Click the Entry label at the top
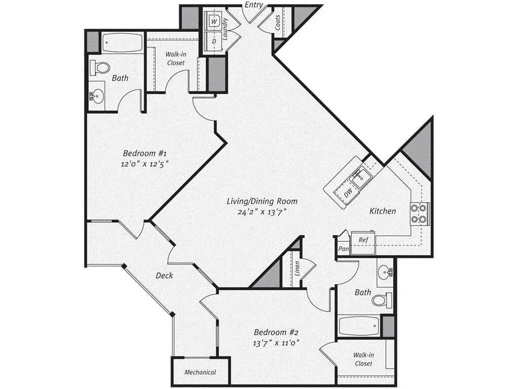254,5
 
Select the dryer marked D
214,42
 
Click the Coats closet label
278,22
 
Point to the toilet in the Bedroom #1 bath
100,67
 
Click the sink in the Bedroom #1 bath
97,96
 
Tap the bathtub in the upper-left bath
122,43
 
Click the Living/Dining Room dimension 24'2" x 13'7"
262,212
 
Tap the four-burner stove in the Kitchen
419,213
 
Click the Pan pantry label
344,248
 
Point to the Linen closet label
297,268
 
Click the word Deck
164,275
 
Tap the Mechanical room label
200,372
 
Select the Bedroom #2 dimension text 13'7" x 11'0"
276,343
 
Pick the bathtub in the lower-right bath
359,326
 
